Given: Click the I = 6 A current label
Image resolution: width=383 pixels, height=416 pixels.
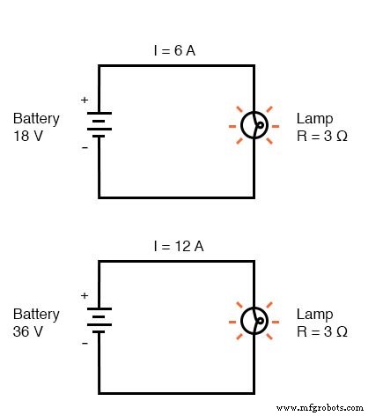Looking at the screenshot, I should pyautogui.click(x=176, y=51).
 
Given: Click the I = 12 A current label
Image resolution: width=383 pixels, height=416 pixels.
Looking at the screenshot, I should pyautogui.click(x=176, y=248).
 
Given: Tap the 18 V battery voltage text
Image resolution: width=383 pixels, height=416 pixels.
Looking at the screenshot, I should pyautogui.click(x=30, y=136).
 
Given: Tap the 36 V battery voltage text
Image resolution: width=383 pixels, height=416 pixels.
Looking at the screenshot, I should pyautogui.click(x=30, y=331).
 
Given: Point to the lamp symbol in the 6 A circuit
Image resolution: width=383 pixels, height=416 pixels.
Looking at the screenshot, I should pyautogui.click(x=255, y=126).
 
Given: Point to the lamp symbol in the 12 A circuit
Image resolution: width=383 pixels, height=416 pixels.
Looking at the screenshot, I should pyautogui.click(x=255, y=322).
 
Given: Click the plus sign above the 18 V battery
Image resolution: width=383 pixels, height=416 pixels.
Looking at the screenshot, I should pyautogui.click(x=85, y=100).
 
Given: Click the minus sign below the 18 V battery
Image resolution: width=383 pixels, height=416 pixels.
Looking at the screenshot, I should pyautogui.click(x=85, y=148).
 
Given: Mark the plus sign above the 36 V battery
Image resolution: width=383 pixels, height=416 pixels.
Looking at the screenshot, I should pyautogui.click(x=85, y=297).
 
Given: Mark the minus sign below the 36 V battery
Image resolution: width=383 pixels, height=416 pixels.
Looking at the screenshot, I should pyautogui.click(x=85, y=345).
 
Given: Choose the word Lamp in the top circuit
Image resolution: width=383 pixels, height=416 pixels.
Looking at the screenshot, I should pyautogui.click(x=314, y=118).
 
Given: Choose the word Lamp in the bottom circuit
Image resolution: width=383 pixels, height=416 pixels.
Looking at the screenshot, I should pyautogui.click(x=314, y=314).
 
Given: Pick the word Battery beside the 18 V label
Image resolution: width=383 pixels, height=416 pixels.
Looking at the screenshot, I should pyautogui.click(x=36, y=118).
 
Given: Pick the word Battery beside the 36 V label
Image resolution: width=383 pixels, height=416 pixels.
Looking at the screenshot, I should pyautogui.click(x=36, y=314).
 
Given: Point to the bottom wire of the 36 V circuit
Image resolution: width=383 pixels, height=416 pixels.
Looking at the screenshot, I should pyautogui.click(x=176, y=393).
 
